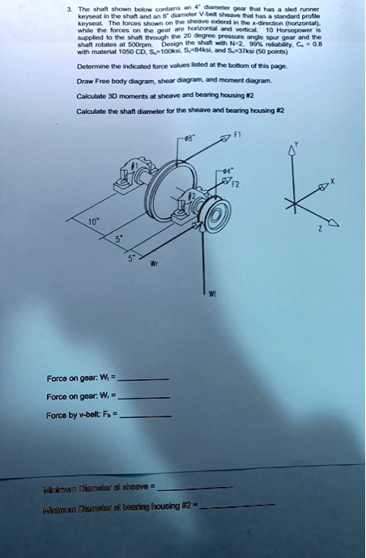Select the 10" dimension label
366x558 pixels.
coord(95,219)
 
